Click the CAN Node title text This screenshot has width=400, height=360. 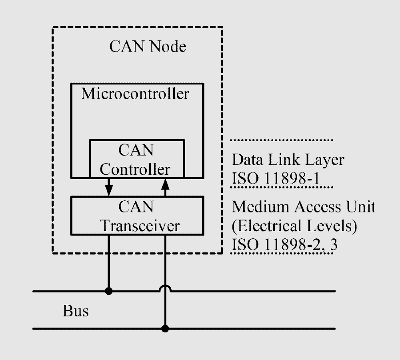(148, 46)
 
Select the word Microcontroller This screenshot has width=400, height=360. (135, 94)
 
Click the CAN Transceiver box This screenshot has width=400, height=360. (137, 216)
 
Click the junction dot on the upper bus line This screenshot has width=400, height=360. (108, 291)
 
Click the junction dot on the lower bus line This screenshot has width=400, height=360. (165, 329)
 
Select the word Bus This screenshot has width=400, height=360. (76, 311)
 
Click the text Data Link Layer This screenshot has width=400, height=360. (288, 160)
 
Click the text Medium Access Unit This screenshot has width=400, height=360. (303, 207)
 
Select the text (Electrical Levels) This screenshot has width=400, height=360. (294, 226)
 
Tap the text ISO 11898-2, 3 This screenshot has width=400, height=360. (284, 244)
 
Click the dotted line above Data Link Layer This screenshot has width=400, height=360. (282, 140)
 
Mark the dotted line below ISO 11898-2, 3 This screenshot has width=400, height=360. (282, 253)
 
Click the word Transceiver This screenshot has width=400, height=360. (140, 226)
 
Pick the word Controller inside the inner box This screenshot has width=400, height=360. (135, 169)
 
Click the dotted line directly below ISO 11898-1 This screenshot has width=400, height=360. (282, 187)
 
